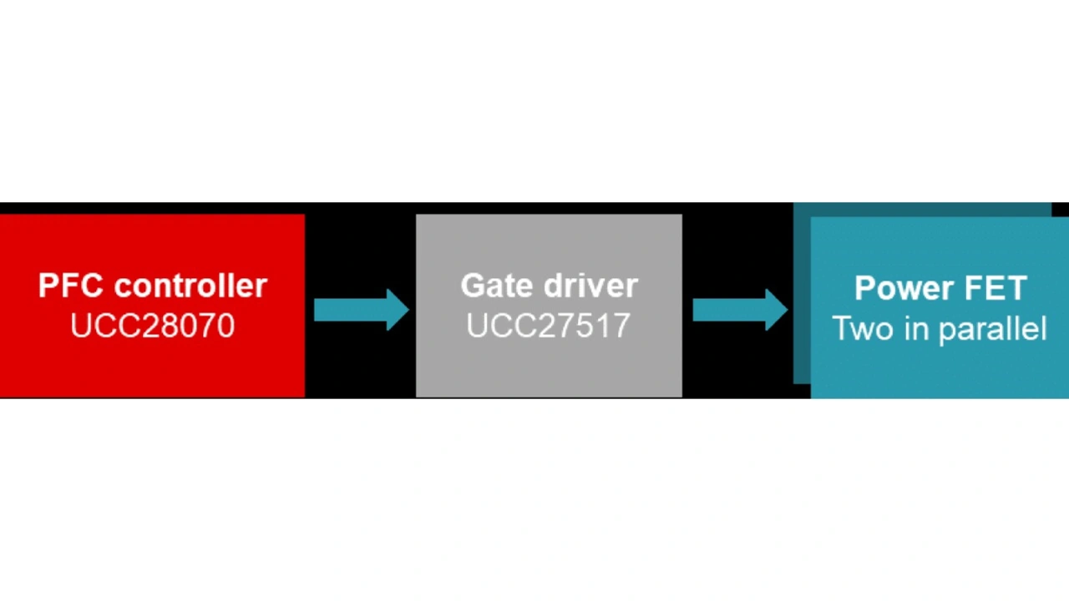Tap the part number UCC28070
pos(152,325)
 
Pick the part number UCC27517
pos(548,325)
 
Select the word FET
pos(996,289)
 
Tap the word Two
pos(859,328)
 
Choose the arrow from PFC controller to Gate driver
pos(361,310)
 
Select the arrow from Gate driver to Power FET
pos(740,310)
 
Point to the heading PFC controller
pos(152,286)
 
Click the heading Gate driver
pos(549,286)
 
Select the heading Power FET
pos(940,289)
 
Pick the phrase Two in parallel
pos(940,328)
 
